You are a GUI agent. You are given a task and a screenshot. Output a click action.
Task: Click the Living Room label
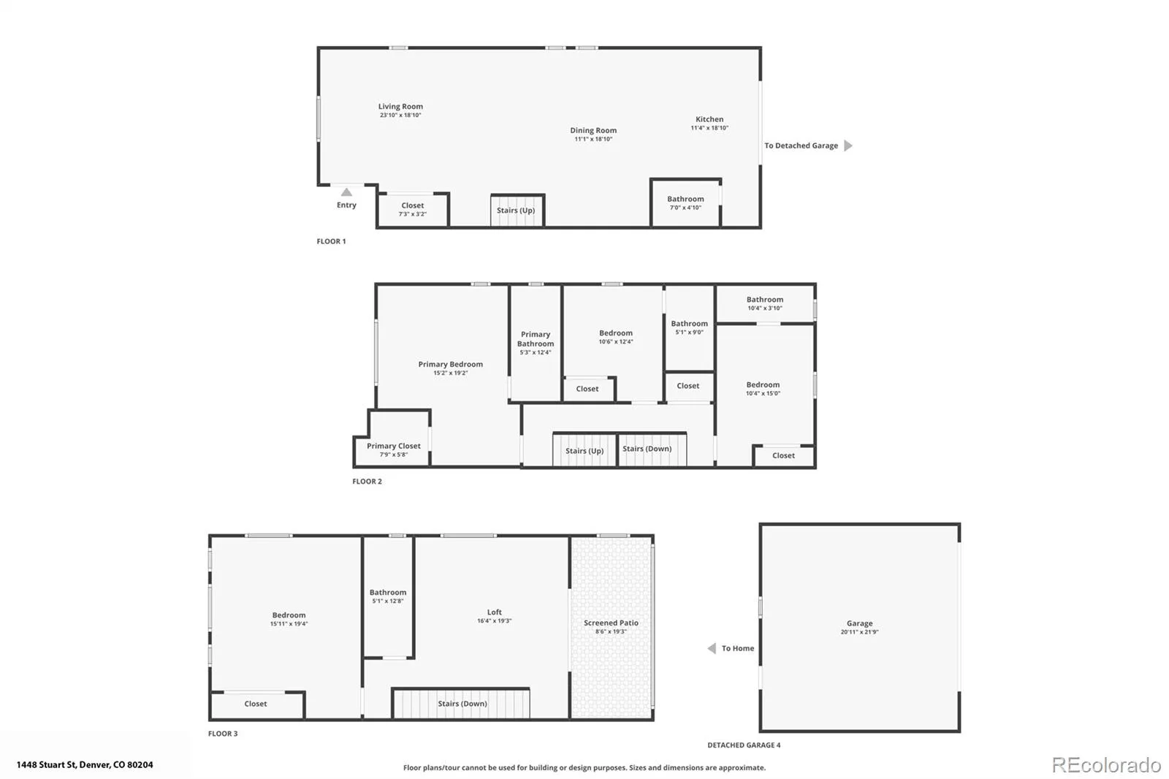[400, 107]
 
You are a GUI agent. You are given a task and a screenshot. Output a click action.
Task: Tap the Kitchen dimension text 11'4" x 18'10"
[709, 128]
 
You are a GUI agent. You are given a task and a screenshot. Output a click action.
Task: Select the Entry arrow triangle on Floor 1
[346, 192]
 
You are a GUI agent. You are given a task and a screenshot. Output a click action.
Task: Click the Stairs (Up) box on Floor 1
[517, 210]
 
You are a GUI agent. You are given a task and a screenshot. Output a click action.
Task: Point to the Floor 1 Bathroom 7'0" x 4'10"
[686, 203]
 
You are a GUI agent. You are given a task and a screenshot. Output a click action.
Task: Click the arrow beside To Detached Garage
[848, 145]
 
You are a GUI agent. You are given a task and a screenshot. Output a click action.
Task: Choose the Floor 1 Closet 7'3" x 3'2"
[413, 210]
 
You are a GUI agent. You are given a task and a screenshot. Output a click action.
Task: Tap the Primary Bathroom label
[536, 339]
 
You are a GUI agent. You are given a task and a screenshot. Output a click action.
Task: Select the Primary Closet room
[392, 438]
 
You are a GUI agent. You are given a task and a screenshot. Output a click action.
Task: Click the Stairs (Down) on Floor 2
[652, 449]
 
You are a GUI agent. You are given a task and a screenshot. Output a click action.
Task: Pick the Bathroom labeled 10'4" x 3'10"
[765, 303]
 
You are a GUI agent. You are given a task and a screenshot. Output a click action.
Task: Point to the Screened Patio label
[611, 623]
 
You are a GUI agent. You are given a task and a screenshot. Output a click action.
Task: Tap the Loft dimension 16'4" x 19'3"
[494, 621]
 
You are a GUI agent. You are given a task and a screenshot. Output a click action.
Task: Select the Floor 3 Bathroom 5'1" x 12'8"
[388, 597]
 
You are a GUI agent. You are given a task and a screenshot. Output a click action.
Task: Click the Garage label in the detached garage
[859, 623]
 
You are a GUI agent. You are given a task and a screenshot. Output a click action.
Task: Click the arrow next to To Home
[712, 648]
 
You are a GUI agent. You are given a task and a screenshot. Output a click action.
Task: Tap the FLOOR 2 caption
[367, 482]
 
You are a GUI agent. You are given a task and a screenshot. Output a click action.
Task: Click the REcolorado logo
[1106, 765]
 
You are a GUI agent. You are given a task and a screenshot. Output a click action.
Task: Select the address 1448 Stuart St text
[47, 765]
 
